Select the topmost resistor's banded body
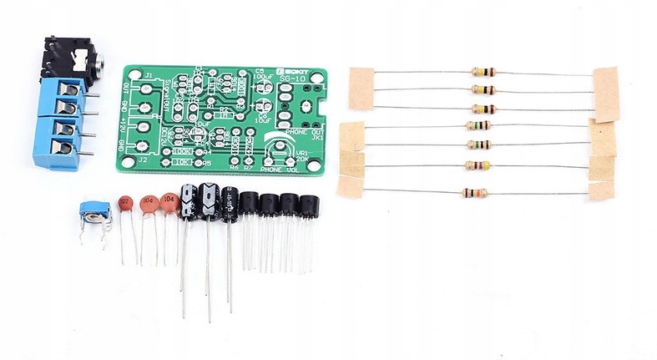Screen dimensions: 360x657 coord(483,73)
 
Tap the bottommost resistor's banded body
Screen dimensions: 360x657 coord(473,193)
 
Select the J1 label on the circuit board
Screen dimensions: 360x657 coord(146,76)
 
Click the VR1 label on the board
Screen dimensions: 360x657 coord(302,154)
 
